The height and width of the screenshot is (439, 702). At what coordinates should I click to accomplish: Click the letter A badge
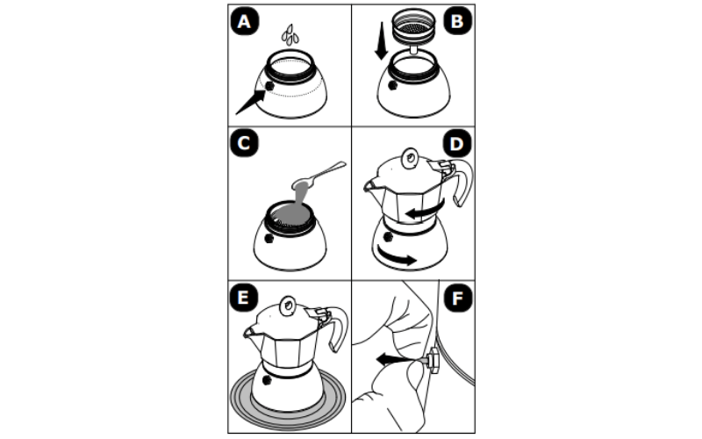(x=245, y=21)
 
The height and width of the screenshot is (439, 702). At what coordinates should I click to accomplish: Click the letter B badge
(x=457, y=21)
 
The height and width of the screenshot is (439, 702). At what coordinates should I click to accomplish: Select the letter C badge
(x=245, y=143)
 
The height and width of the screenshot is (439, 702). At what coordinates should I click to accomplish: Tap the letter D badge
(x=457, y=143)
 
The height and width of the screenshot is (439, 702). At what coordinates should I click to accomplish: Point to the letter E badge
(x=244, y=298)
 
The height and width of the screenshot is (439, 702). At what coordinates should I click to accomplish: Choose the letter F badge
(x=457, y=299)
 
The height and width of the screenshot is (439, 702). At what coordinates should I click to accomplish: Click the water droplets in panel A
(x=290, y=35)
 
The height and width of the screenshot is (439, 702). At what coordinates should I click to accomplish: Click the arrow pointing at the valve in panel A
(x=250, y=102)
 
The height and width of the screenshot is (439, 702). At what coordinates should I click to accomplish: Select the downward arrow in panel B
(x=381, y=40)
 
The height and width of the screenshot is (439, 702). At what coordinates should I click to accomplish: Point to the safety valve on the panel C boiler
(x=269, y=238)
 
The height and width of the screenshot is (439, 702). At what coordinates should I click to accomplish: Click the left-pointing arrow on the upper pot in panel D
(x=426, y=210)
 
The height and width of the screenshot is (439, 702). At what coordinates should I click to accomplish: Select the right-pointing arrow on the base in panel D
(x=397, y=255)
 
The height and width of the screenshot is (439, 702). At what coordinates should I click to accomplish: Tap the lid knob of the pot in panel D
(x=410, y=159)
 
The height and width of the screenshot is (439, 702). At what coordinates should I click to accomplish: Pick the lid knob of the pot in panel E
(x=288, y=306)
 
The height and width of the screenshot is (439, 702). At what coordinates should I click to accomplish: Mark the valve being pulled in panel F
(x=433, y=360)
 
